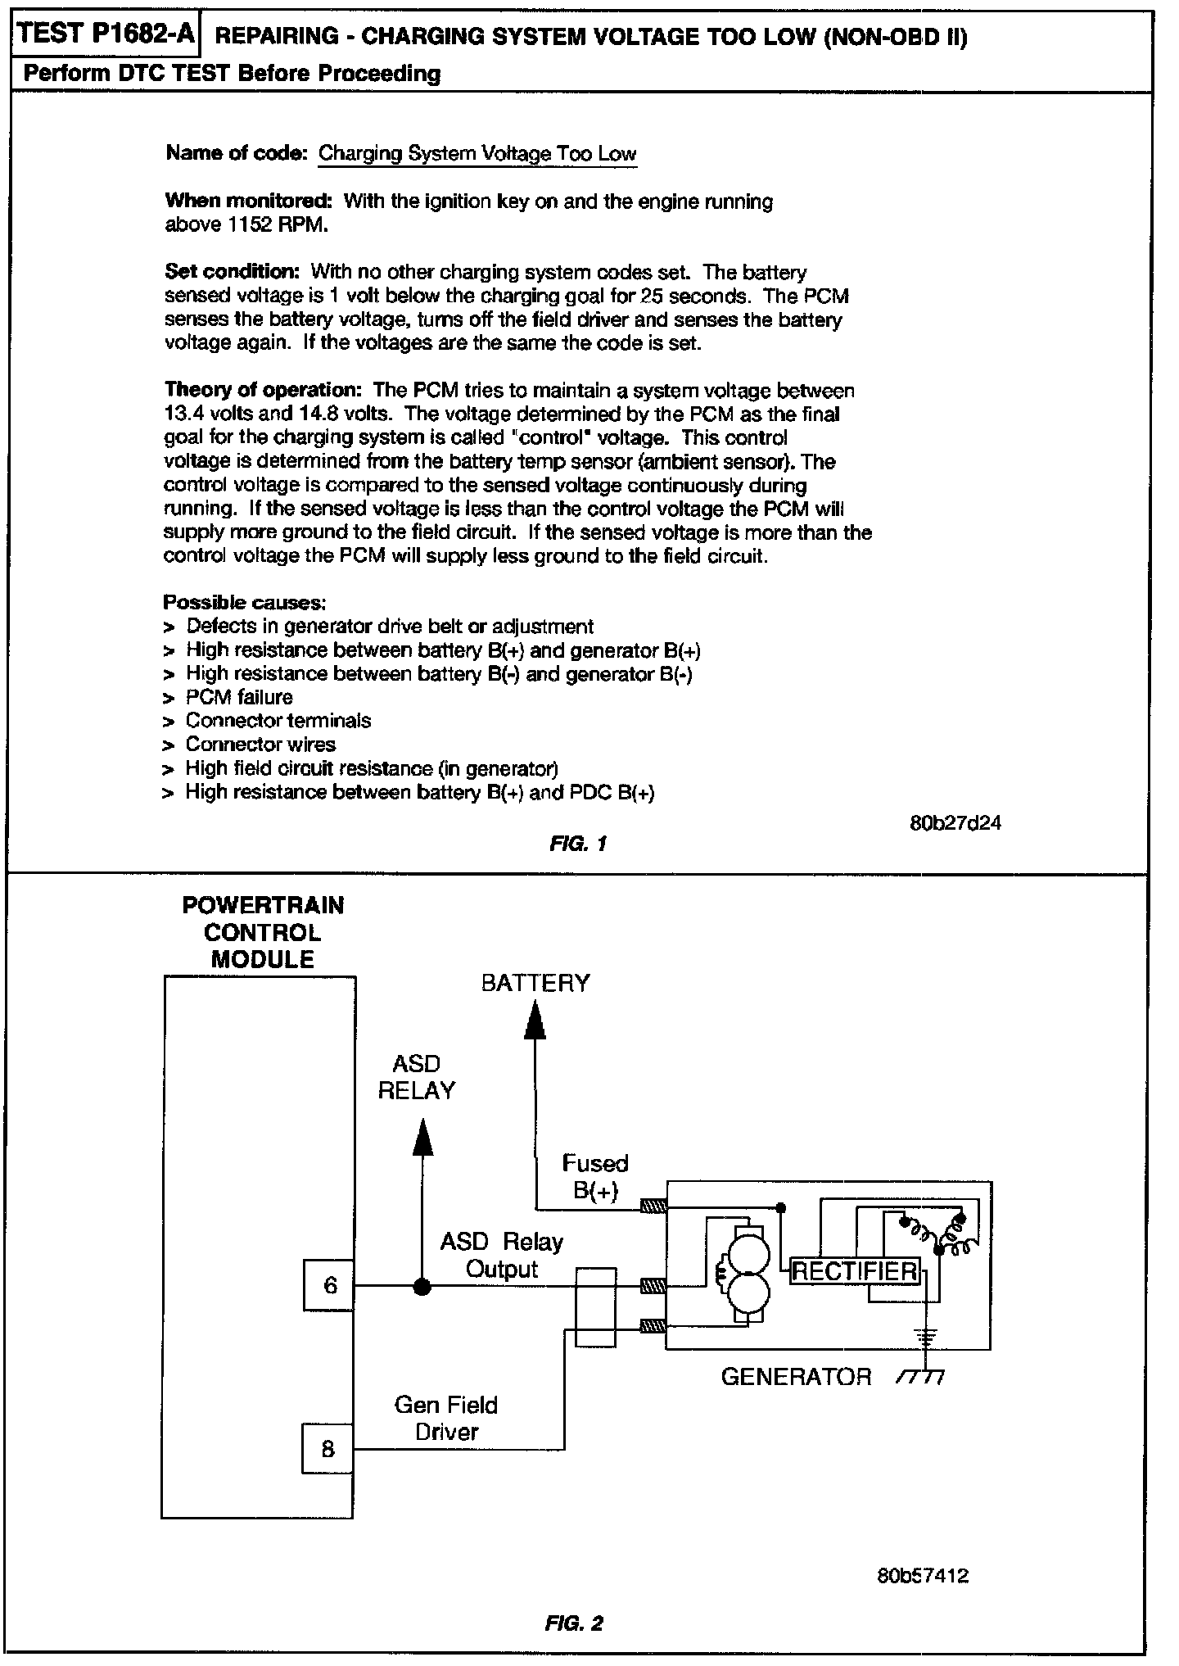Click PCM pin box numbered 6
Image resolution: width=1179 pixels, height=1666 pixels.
(x=329, y=1285)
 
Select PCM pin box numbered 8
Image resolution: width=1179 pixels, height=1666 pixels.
(x=328, y=1449)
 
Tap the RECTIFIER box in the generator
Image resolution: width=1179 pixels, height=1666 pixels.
(x=855, y=1271)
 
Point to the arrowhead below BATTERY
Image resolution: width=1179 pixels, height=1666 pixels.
(x=535, y=1021)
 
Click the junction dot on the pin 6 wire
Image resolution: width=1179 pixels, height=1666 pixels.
(x=422, y=1286)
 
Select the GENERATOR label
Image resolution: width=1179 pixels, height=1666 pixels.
(x=796, y=1377)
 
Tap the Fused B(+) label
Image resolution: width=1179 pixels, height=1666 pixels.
(x=595, y=1176)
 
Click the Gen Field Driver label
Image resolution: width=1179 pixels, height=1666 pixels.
(x=446, y=1418)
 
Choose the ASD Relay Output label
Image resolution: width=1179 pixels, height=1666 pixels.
(x=502, y=1256)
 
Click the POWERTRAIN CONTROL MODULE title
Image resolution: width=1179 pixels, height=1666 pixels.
(x=263, y=932)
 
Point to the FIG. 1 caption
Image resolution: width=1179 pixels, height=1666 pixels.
(x=578, y=844)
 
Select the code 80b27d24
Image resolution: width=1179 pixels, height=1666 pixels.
(x=955, y=823)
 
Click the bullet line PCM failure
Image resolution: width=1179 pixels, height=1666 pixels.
(x=239, y=697)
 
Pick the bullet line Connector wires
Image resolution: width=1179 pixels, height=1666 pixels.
(x=260, y=745)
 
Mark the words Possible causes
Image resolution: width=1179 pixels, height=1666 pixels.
(x=245, y=603)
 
